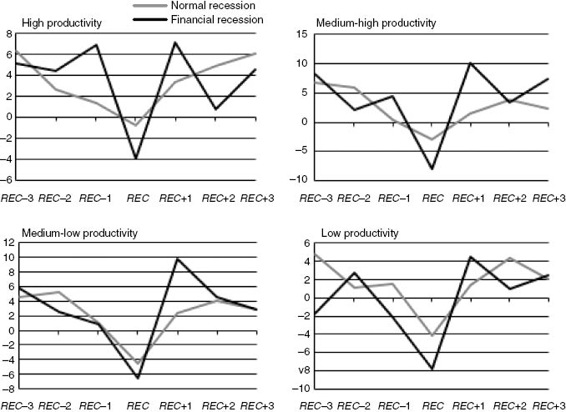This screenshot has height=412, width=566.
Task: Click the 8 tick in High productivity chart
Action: (x=9, y=33)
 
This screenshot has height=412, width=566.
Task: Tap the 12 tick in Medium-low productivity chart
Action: (x=9, y=243)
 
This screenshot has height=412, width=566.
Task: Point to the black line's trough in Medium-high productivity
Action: (x=432, y=168)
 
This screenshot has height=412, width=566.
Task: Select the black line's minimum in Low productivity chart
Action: (x=432, y=368)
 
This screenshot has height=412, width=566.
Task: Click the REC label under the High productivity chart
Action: (x=139, y=198)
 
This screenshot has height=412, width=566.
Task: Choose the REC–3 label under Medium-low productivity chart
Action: (x=16, y=406)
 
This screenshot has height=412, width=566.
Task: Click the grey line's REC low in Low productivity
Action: (x=432, y=335)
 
